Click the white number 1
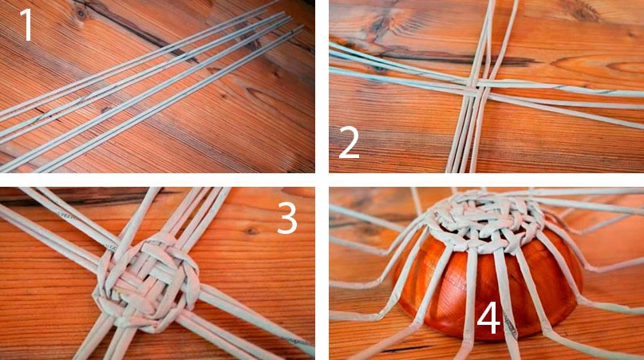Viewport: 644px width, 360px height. (x=26, y=26)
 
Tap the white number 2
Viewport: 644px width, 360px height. (x=349, y=142)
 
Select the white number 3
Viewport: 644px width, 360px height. (x=287, y=218)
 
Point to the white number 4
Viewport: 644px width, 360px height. (x=488, y=319)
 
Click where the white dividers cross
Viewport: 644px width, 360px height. (x=322, y=180)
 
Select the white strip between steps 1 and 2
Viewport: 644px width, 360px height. (x=322, y=86)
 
